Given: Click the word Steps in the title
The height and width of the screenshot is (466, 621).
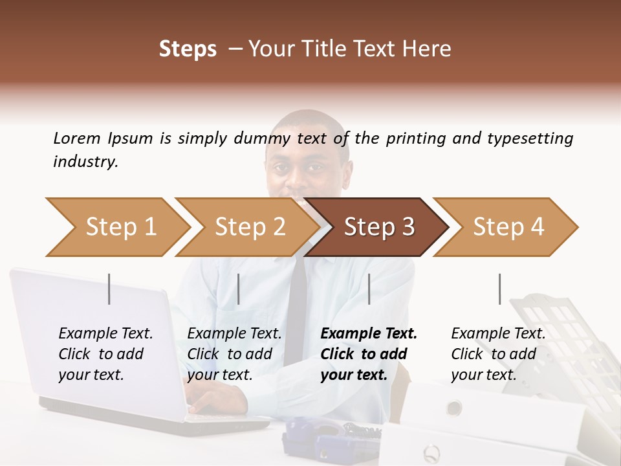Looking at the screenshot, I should tap(188, 49).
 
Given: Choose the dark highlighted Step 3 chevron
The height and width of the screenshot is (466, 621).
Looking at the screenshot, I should tap(379, 227).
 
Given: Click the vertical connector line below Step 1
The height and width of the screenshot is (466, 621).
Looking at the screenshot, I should tap(109, 289).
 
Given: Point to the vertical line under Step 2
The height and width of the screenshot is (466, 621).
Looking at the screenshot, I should tap(239, 289).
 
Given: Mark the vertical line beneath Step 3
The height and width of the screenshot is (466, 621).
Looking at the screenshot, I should tap(369, 289).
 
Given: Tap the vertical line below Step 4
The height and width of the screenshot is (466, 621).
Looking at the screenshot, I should tap(499, 289).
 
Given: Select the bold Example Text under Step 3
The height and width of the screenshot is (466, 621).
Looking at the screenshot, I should tap(369, 354).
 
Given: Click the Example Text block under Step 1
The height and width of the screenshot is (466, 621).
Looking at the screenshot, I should tap(105, 354).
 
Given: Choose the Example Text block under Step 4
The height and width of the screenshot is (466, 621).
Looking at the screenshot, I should tap(498, 354).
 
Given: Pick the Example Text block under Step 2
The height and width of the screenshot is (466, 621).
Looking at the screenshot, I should tap(234, 354).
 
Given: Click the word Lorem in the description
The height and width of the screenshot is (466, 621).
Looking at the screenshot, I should tap(76, 139).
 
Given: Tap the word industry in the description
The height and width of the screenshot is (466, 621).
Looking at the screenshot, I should tap(85, 162).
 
